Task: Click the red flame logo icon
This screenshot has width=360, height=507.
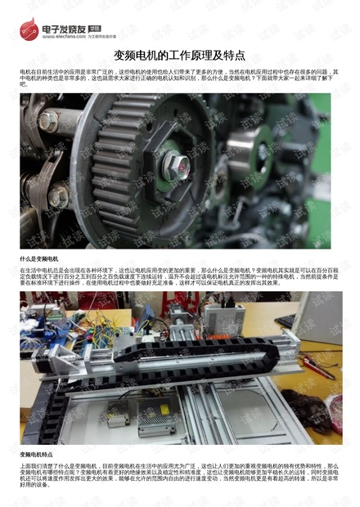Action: point(30,31)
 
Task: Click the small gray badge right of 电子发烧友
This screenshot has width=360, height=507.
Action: point(96,26)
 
